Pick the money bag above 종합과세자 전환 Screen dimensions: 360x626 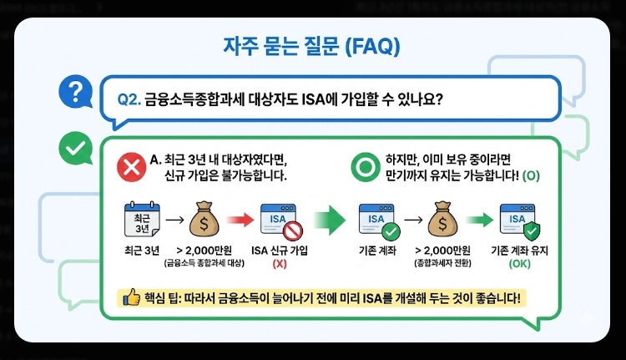[x=443, y=221]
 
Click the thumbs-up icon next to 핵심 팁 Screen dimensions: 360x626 [x=131, y=297]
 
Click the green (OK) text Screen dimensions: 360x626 [x=520, y=264]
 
